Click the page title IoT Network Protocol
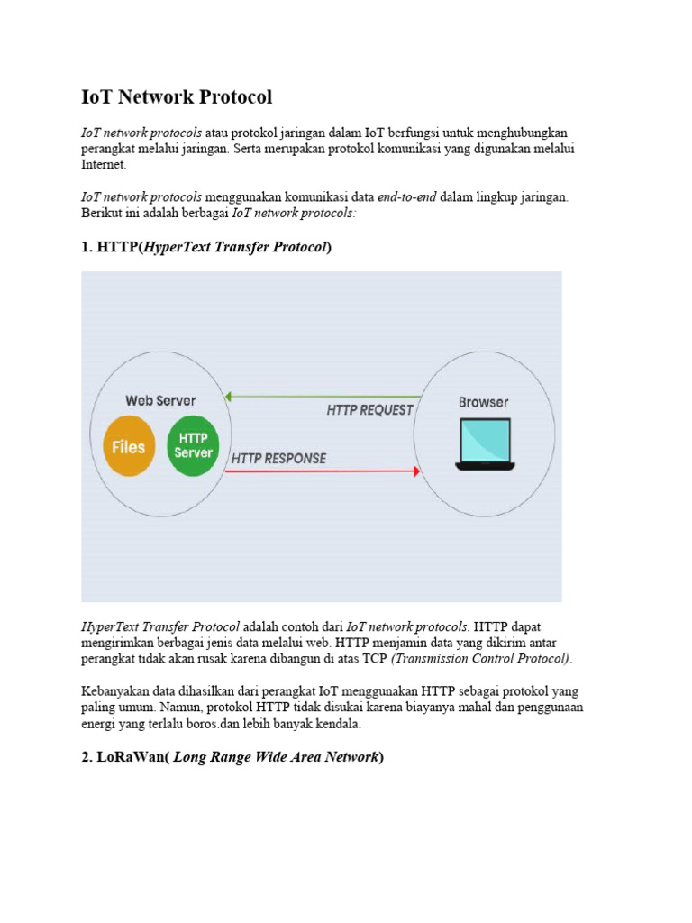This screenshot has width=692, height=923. click(x=177, y=97)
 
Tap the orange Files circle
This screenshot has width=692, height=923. click(x=128, y=445)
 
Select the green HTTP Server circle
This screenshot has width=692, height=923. click(x=193, y=445)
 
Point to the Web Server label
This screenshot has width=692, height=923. click(x=160, y=400)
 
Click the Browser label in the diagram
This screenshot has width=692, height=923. click(x=483, y=402)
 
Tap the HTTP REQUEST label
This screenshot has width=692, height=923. click(x=369, y=409)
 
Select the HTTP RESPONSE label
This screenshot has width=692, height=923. click(x=278, y=458)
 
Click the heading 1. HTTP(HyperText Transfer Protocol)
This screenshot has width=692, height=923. click(x=206, y=247)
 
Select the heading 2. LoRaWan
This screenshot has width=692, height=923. click(x=232, y=757)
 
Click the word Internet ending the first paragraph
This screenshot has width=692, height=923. click(x=104, y=166)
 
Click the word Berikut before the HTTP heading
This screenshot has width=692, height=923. click(x=101, y=213)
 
